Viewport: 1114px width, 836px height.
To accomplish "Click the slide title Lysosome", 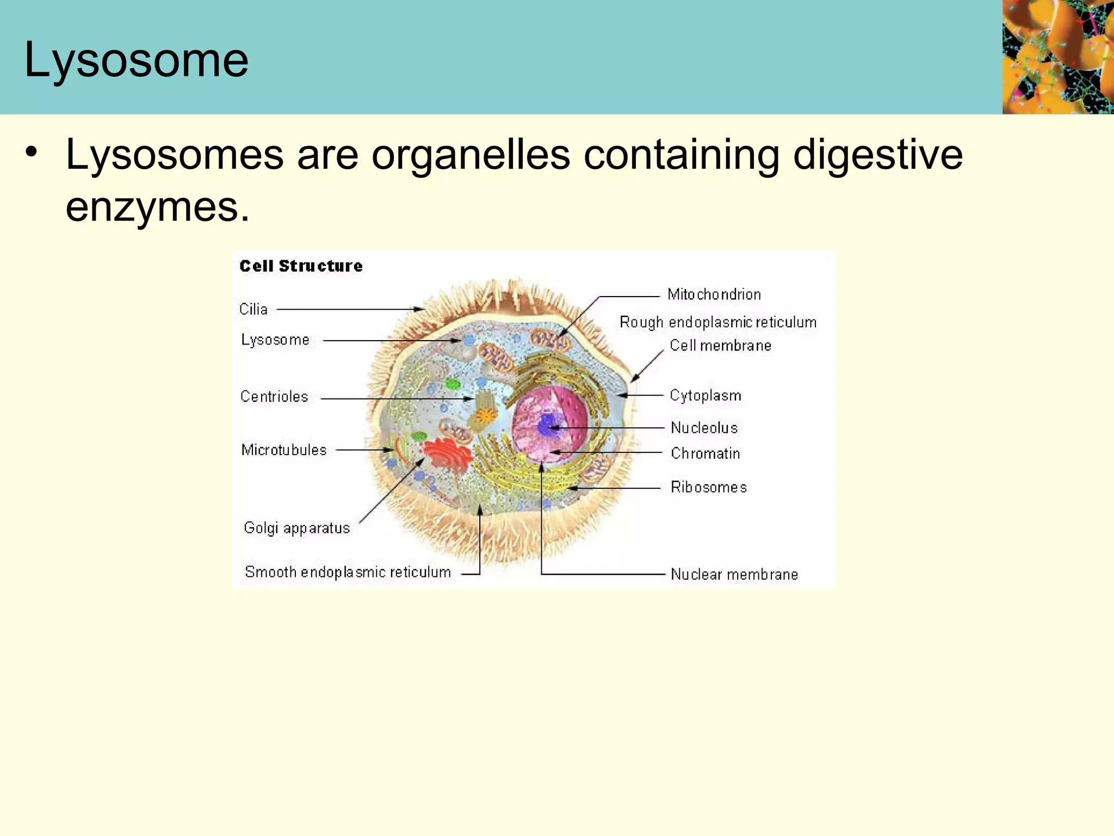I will coord(136,60).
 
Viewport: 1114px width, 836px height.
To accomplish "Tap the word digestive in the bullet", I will coord(877,155).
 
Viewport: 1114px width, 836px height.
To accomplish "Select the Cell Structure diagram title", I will coord(301,266).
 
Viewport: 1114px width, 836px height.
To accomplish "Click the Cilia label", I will coord(253,309).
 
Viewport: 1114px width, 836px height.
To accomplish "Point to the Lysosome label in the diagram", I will coord(275,340).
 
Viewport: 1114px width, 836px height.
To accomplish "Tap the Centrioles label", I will coord(274,397).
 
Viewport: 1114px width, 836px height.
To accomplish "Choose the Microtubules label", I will coord(284,450).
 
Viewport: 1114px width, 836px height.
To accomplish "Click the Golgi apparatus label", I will coord(296,528).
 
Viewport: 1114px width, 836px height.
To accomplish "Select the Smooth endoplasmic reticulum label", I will coord(348,572).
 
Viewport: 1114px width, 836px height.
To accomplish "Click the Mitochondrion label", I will coord(714,294).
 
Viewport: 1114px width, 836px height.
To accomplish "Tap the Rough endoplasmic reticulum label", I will coord(718,322).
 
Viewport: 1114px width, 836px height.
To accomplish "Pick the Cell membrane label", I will coord(720,346).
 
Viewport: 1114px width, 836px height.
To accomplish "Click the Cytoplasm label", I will coord(705,396).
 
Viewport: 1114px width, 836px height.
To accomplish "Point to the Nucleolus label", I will coord(704,428).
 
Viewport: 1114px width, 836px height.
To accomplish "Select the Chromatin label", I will coord(705,453).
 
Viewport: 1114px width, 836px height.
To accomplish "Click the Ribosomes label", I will coord(709,487).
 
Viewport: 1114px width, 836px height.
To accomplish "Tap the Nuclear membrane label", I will coord(734,574).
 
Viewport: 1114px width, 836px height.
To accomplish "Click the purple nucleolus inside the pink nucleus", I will coord(547,425).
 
